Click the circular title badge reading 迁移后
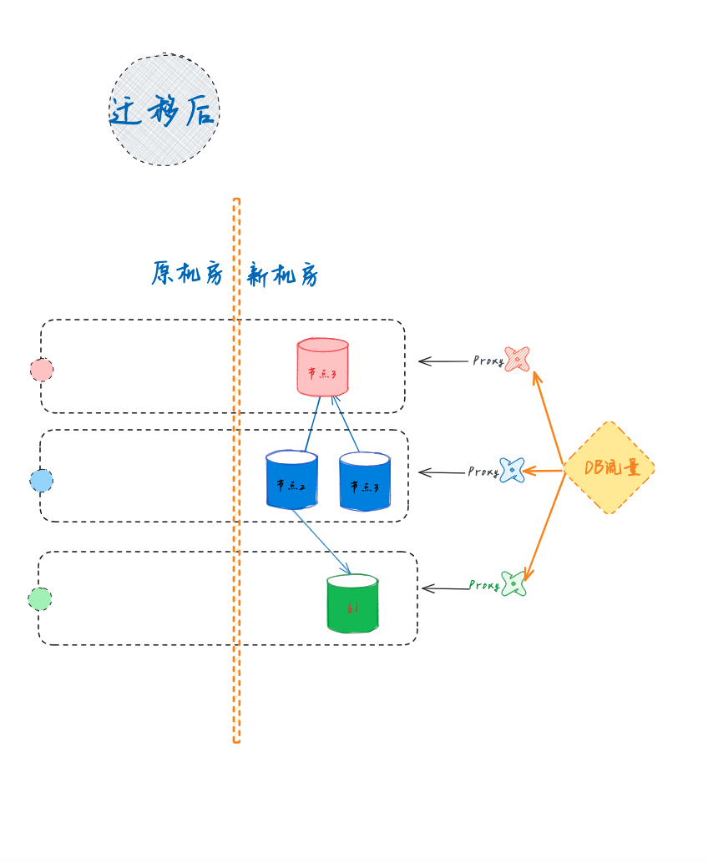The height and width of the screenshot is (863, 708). [164, 110]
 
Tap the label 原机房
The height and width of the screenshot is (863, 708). [188, 273]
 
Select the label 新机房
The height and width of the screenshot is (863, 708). [283, 275]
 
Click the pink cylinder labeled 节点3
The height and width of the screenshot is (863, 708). [322, 368]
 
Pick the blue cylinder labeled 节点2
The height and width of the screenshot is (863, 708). [291, 481]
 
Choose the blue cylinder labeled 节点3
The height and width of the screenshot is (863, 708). [365, 482]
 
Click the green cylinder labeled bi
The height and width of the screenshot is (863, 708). [352, 604]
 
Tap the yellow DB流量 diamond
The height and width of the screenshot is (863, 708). [609, 467]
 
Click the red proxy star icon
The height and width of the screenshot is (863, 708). [517, 359]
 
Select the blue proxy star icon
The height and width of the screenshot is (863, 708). [512, 471]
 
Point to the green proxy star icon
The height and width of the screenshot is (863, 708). [513, 584]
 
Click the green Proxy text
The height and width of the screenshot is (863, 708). [484, 586]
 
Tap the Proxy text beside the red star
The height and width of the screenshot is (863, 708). [488, 361]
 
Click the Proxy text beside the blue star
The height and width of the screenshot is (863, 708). [483, 472]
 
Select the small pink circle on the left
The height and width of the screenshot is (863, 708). [42, 370]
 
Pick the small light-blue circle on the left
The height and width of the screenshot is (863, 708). [41, 481]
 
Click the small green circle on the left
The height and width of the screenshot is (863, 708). [39, 599]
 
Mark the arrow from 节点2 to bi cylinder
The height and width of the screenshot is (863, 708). [321, 542]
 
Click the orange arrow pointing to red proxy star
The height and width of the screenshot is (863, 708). [549, 414]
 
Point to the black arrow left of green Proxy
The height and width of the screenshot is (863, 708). [444, 588]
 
